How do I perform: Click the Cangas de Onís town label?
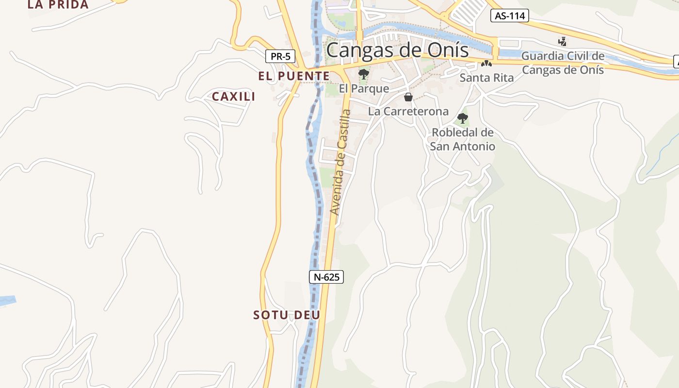(x=397, y=50)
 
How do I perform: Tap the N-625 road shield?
(x=326, y=277)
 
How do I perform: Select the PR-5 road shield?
(x=280, y=56)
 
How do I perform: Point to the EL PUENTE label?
(x=294, y=76)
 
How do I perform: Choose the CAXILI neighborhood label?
(x=234, y=97)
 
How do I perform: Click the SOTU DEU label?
(x=287, y=315)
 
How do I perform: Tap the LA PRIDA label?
(x=58, y=5)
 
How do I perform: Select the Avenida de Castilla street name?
(x=340, y=162)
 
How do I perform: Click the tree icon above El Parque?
(x=363, y=74)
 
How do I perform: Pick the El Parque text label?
(x=364, y=89)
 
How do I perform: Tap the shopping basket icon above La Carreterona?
(x=408, y=97)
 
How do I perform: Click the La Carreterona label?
(x=408, y=112)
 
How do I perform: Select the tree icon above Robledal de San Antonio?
(x=463, y=118)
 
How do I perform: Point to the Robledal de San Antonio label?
(x=463, y=139)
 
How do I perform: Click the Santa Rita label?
(x=486, y=78)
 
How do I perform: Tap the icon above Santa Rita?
(x=486, y=64)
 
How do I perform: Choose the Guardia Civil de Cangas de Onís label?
(x=563, y=63)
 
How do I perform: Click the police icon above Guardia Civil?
(x=563, y=42)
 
